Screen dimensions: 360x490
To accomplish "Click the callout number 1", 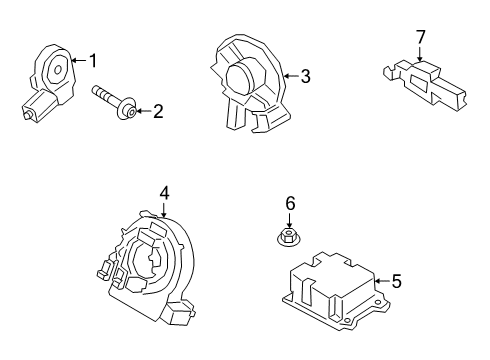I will click(93, 62).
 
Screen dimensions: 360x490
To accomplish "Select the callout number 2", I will click(157, 112).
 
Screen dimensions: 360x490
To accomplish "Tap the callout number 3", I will click(306, 75).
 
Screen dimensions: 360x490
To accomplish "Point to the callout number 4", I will click(163, 192).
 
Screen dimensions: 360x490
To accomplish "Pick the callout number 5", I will click(396, 282).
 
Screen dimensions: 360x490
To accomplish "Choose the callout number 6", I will click(290, 204).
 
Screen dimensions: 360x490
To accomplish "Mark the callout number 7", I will click(421, 37).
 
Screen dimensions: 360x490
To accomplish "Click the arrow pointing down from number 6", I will click(290, 220).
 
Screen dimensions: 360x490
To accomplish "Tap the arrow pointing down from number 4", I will click(163, 207).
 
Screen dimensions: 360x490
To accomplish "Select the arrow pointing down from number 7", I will click(421, 53).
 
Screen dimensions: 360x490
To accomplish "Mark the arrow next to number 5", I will click(381, 282).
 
